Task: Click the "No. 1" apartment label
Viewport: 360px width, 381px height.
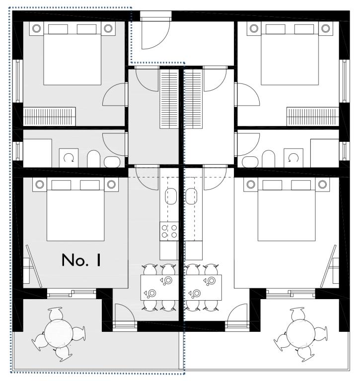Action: click(x=81, y=260)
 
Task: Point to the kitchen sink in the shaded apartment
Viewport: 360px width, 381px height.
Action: click(x=171, y=196)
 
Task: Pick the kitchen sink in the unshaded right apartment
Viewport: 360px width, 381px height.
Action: click(x=191, y=196)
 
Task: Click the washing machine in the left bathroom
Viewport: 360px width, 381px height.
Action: click(x=69, y=158)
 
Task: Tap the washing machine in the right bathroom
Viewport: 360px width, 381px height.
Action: click(x=293, y=158)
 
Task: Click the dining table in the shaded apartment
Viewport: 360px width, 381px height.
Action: click(x=159, y=287)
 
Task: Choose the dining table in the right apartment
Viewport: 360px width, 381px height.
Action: click(x=203, y=287)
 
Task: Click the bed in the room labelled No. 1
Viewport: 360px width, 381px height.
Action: click(x=75, y=209)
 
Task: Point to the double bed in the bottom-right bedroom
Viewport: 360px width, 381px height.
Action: click(x=287, y=209)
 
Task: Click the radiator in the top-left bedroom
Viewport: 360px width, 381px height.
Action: click(x=49, y=117)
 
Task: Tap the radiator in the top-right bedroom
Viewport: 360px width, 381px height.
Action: click(x=313, y=117)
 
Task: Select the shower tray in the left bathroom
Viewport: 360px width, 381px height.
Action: click(x=37, y=153)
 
